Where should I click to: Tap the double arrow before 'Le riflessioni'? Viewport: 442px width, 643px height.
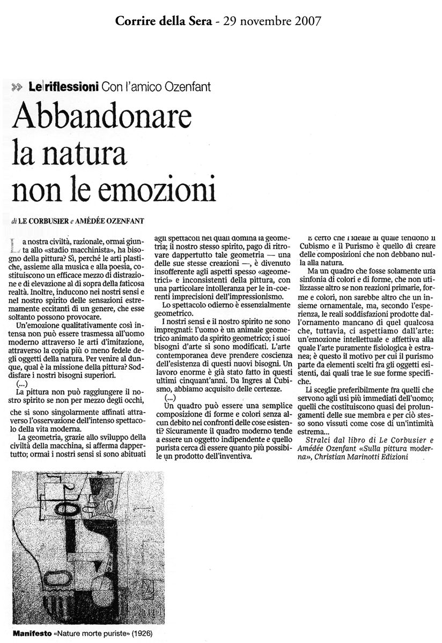coord(16,87)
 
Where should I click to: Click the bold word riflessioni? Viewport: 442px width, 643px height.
coord(68,86)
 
